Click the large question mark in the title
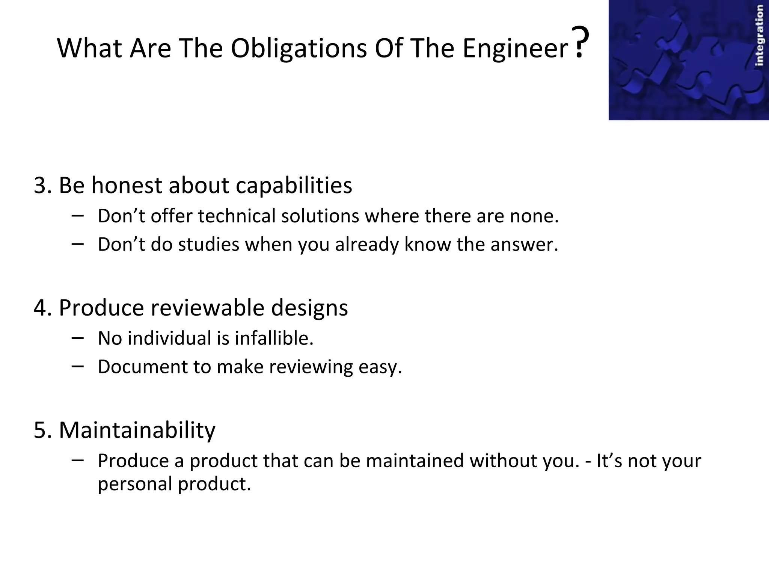(580, 42)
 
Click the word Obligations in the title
(299, 48)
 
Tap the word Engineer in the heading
(516, 48)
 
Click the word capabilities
(294, 185)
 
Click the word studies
(208, 245)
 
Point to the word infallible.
(274, 338)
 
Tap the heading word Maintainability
(137, 430)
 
